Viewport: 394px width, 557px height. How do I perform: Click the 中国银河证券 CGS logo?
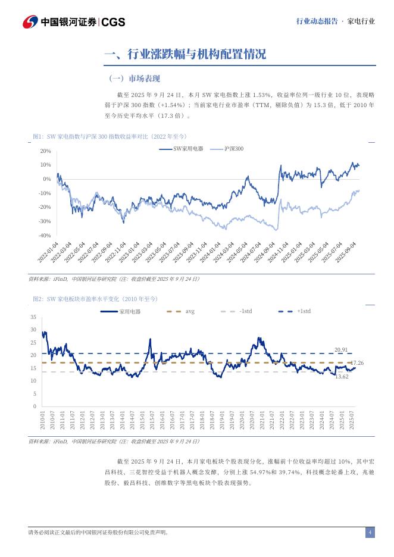pyautogui.click(x=74, y=22)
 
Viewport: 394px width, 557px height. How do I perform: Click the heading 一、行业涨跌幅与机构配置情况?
pyautogui.click(x=185, y=55)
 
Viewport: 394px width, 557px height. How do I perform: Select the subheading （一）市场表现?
pyautogui.click(x=135, y=79)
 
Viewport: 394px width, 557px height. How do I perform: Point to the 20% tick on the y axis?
pyautogui.click(x=45, y=151)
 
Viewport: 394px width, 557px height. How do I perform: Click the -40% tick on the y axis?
pyautogui.click(x=44, y=236)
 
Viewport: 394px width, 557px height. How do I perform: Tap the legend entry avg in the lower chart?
pyautogui.click(x=189, y=311)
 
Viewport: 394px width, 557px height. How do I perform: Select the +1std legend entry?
pyautogui.click(x=303, y=311)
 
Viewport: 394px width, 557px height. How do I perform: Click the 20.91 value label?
pyautogui.click(x=341, y=350)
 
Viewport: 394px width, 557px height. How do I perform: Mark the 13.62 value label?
pyautogui.click(x=342, y=377)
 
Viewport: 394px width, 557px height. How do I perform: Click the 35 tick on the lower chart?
pyautogui.click(x=33, y=317)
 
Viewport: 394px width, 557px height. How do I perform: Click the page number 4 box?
pyautogui.click(x=370, y=533)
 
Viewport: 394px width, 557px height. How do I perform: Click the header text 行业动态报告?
pyautogui.click(x=317, y=21)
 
